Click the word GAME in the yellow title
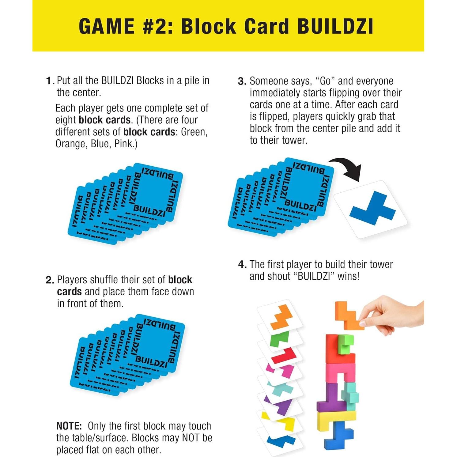106,26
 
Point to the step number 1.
50,81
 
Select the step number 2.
50,280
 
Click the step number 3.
242,81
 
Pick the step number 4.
242,264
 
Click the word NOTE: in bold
69,426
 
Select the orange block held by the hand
348,315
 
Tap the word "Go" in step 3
325,81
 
